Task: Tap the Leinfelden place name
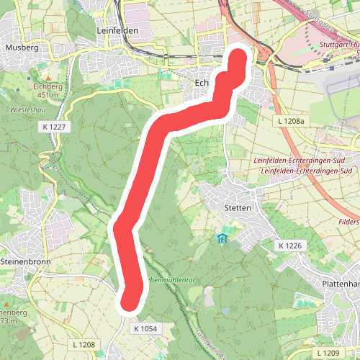click(116, 32)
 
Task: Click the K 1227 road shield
click(54, 126)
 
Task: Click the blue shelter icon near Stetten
click(222, 238)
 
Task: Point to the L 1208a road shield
click(291, 122)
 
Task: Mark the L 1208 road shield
click(84, 346)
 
